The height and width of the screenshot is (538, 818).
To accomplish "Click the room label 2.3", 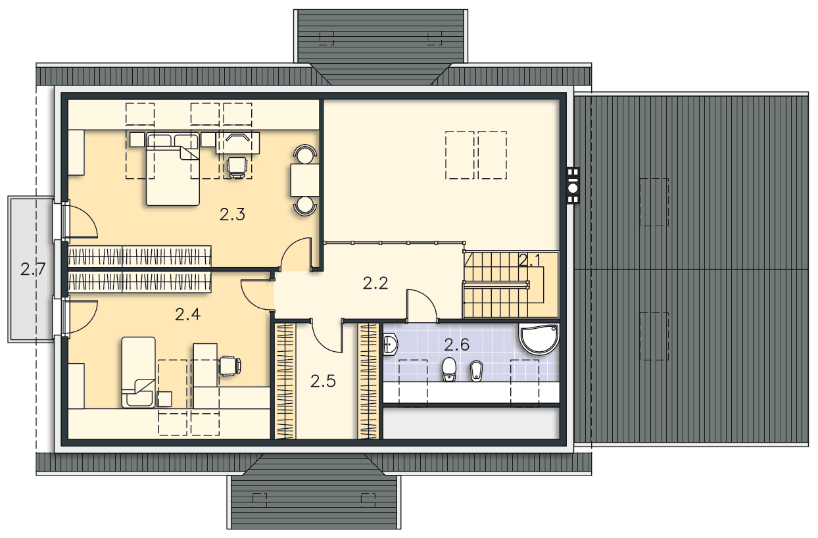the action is coord(232,214).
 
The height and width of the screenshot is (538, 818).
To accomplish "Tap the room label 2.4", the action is coord(187,314).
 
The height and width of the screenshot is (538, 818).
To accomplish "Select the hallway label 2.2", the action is coord(375,283).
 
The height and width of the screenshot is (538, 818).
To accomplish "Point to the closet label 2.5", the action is coord(323,381).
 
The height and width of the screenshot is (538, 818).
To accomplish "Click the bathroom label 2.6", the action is coord(457,345).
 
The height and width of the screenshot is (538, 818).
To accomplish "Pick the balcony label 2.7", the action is coord(33,270).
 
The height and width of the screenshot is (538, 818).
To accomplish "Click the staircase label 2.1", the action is coord(529,261).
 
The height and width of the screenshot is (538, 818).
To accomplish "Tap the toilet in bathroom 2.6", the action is coord(449,369).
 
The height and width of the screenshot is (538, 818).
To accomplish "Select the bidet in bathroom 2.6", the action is coord(476,371).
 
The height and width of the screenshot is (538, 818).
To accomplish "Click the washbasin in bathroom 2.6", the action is coord(391,345).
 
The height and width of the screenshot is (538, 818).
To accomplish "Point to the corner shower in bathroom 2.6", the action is coord(539,339).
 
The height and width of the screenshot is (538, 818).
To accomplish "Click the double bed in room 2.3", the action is coord(173,169).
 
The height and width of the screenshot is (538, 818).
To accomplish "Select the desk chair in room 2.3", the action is coord(237,168).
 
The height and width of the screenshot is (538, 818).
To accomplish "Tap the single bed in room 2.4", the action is coord(138,372).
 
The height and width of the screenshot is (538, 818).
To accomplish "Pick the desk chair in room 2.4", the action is coord(230,366).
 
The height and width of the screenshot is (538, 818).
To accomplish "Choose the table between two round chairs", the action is coord(305,180).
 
